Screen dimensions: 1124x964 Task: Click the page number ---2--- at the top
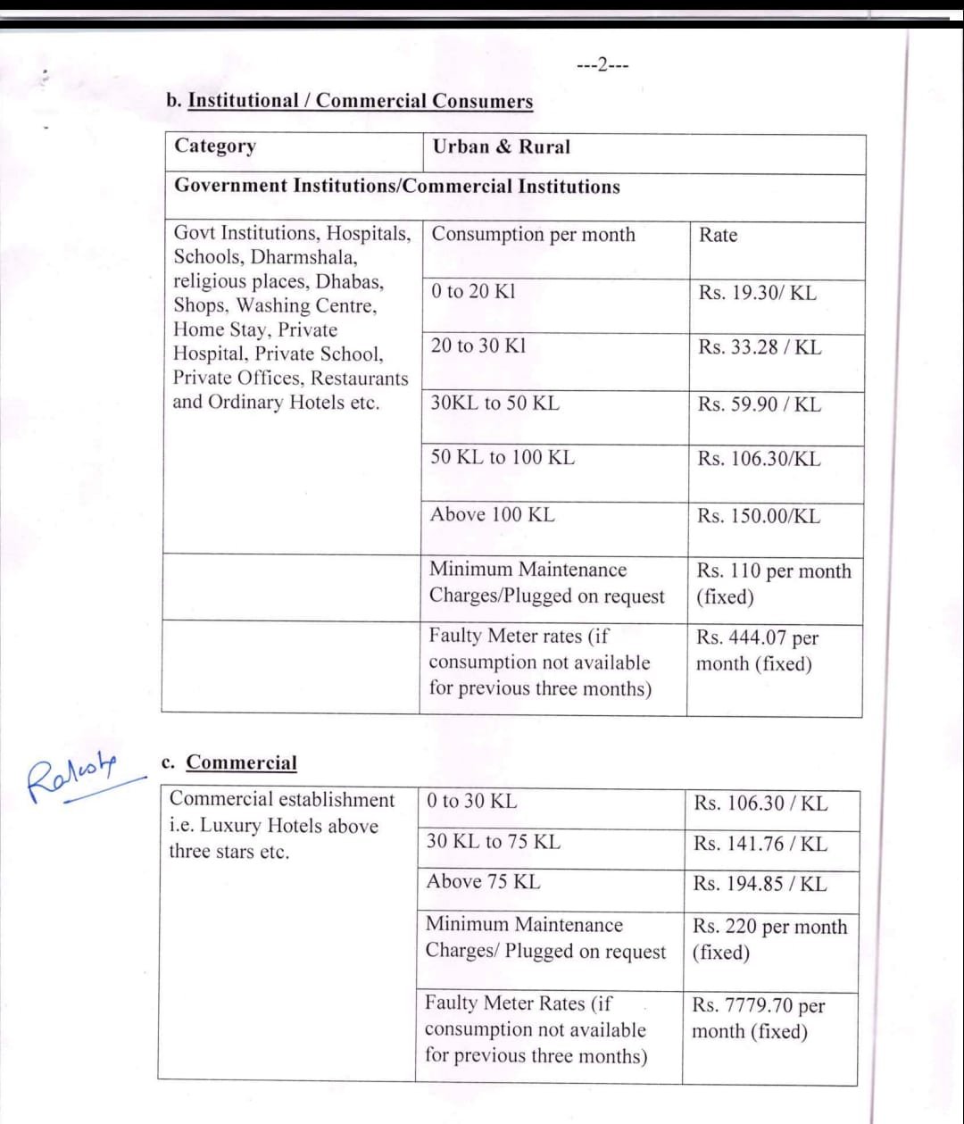pos(602,66)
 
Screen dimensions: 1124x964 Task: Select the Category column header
pos(215,146)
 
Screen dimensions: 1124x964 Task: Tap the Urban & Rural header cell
pos(501,146)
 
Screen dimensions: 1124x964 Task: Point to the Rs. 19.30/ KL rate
pos(757,293)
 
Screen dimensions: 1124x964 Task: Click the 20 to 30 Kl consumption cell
pos(478,346)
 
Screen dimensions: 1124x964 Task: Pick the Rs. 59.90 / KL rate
pos(760,404)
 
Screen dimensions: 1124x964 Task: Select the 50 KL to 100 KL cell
pos(503,458)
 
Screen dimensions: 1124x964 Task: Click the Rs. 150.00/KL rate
pos(759,516)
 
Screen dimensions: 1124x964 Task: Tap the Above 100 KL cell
pos(492,514)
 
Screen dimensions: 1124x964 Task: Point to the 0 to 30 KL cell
pos(471,802)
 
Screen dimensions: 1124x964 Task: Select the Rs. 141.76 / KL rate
pos(760,844)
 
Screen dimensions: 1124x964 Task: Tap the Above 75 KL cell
pos(483,881)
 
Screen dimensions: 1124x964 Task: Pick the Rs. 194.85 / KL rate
pos(760,884)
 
